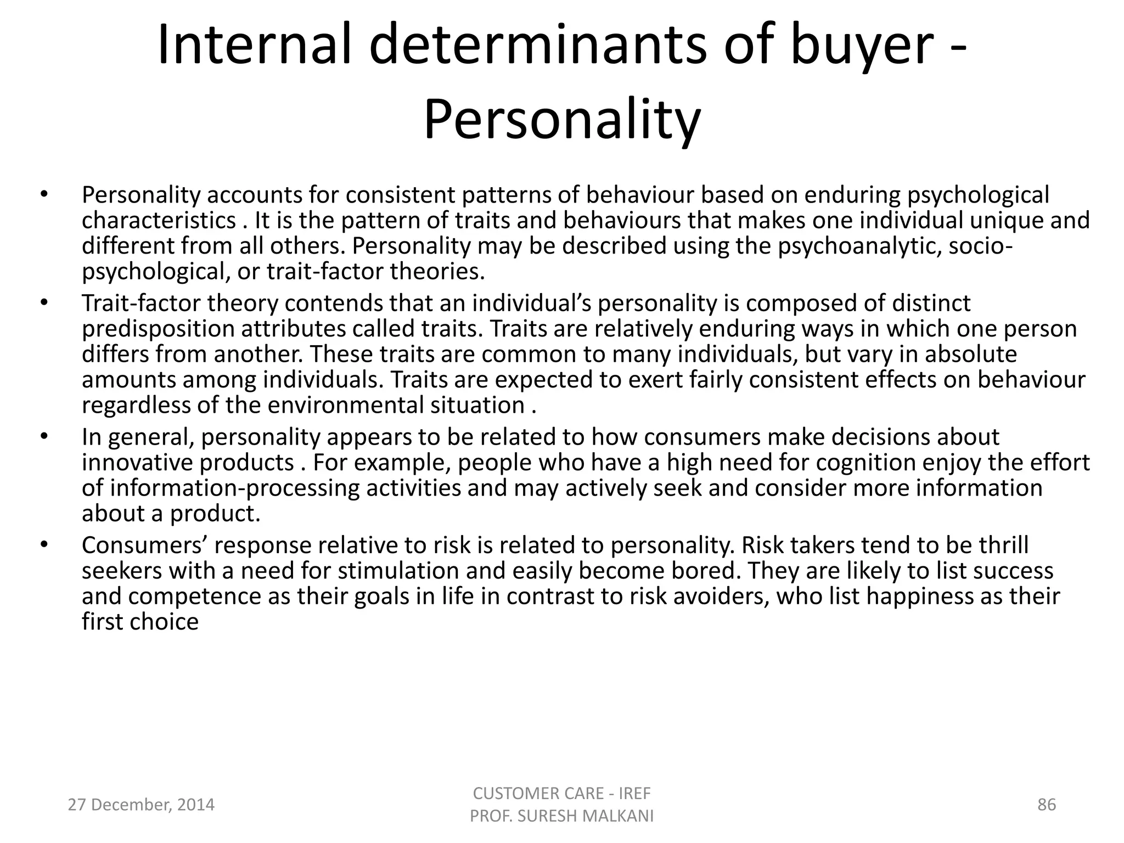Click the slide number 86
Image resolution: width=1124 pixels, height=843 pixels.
pyautogui.click(x=1047, y=805)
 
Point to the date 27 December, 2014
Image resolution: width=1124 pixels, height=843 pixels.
pyautogui.click(x=141, y=805)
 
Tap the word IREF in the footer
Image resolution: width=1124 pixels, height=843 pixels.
pyautogui.click(x=634, y=793)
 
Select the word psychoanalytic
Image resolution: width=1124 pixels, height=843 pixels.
pyautogui.click(x=859, y=246)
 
